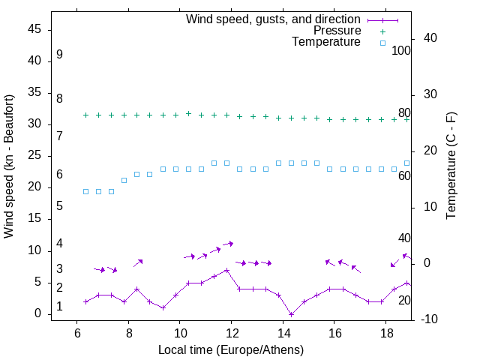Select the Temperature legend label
click(326, 42)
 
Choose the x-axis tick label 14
click(283, 333)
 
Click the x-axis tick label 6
click(77, 333)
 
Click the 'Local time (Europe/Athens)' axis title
click(231, 349)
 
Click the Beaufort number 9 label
click(59, 55)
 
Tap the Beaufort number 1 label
click(59, 307)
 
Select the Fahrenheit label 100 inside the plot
click(401, 51)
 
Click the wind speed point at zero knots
click(291, 314)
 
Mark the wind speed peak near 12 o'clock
click(226, 270)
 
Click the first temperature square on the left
click(85, 191)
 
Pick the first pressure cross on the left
click(85, 115)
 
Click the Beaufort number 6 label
click(59, 175)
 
